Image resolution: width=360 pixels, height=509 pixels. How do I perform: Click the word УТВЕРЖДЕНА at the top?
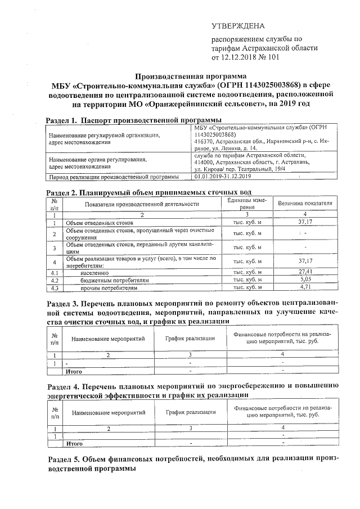[x=237, y=26]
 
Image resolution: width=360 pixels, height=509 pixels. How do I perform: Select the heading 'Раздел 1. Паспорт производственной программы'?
[x=133, y=120]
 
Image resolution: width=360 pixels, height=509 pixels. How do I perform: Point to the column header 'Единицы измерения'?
[x=247, y=203]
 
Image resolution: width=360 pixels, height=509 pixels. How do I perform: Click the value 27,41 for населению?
[x=304, y=271]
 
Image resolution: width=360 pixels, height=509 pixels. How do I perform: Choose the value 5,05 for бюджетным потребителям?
[x=304, y=279]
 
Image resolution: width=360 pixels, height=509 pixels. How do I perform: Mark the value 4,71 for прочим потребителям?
[x=304, y=287]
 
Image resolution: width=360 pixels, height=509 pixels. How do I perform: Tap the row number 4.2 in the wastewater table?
[x=55, y=280]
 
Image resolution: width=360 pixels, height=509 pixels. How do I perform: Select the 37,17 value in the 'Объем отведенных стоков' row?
[x=304, y=222]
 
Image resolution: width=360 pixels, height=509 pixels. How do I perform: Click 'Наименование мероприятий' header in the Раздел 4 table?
[x=109, y=412]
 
